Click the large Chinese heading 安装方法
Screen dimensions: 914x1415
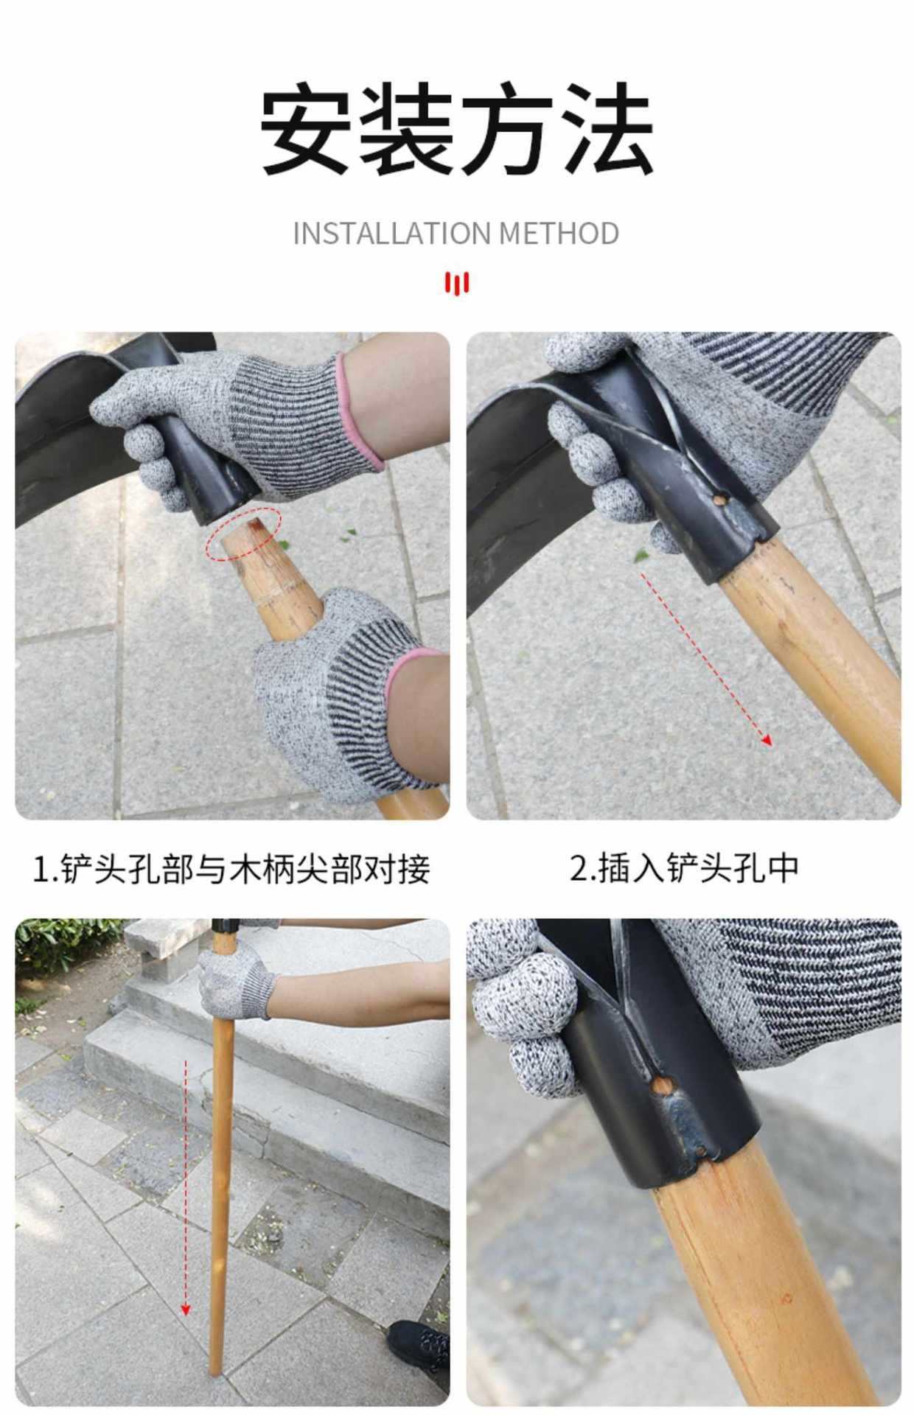coord(457,129)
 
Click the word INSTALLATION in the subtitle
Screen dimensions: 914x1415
coord(392,234)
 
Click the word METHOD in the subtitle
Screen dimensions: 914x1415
coord(559,234)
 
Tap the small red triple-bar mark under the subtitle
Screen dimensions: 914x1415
coord(457,283)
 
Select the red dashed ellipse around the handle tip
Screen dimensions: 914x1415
coord(244,533)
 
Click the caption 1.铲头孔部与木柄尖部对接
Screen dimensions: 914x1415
coord(231,868)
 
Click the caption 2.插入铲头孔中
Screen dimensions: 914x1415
coord(684,868)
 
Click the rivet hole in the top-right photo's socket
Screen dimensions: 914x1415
coord(719,499)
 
